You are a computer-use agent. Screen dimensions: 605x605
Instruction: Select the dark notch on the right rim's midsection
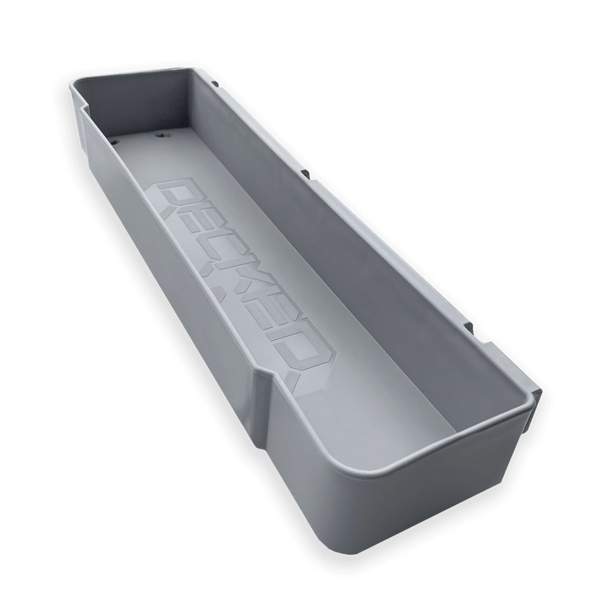(x=306, y=174)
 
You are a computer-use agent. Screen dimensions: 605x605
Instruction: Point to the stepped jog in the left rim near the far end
(x=82, y=110)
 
